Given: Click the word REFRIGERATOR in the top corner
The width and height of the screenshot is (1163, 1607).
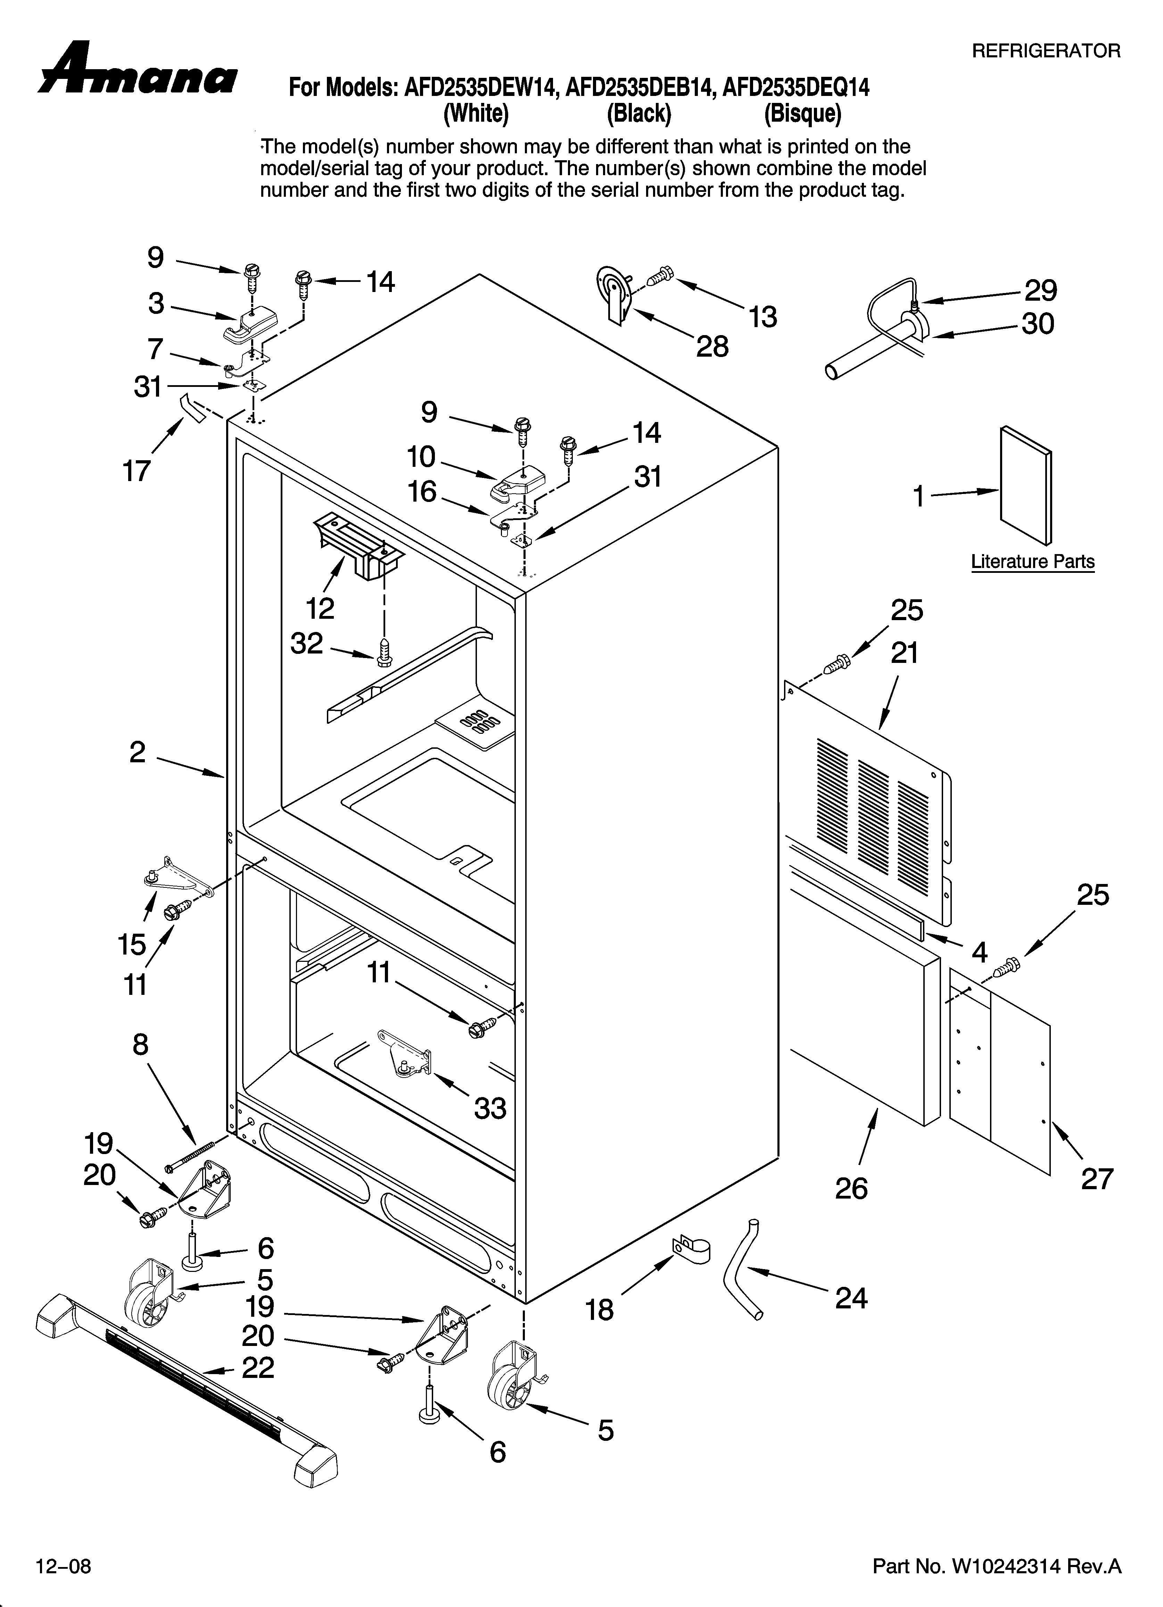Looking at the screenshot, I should coord(1046,51).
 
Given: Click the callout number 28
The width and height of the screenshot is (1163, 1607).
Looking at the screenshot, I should coord(712,347).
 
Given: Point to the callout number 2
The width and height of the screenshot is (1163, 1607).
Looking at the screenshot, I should coord(138,752).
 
